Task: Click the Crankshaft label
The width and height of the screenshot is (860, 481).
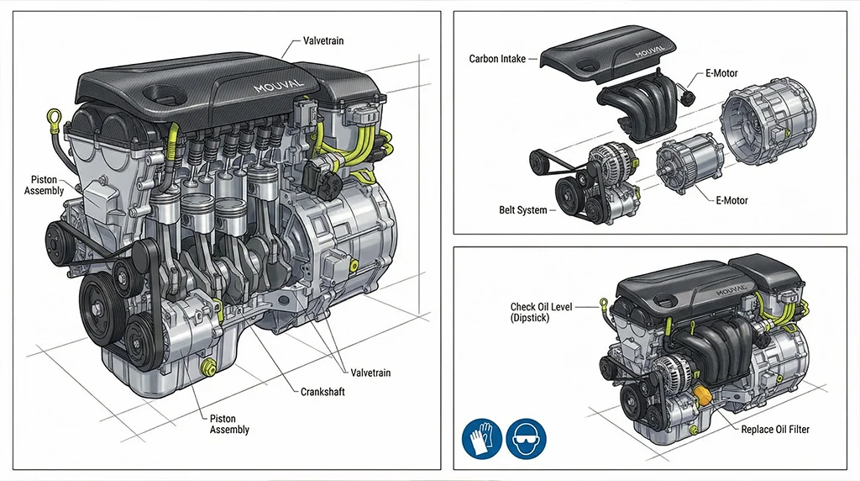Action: coord(322,392)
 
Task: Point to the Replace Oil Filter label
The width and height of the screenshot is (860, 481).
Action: coord(775,430)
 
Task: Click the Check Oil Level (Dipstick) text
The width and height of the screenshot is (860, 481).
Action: coord(541,313)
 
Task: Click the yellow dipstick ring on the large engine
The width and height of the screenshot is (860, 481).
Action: coord(56,115)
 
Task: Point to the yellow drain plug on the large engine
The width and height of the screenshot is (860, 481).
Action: coord(210,367)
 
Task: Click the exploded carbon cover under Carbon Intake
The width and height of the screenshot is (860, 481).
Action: coord(609,60)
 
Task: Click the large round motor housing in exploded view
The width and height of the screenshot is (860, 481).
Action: coord(764,126)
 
